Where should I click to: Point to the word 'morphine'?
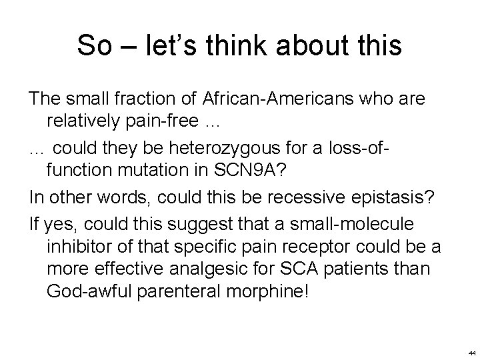pos(270,293)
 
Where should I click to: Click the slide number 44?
pos(471,352)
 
